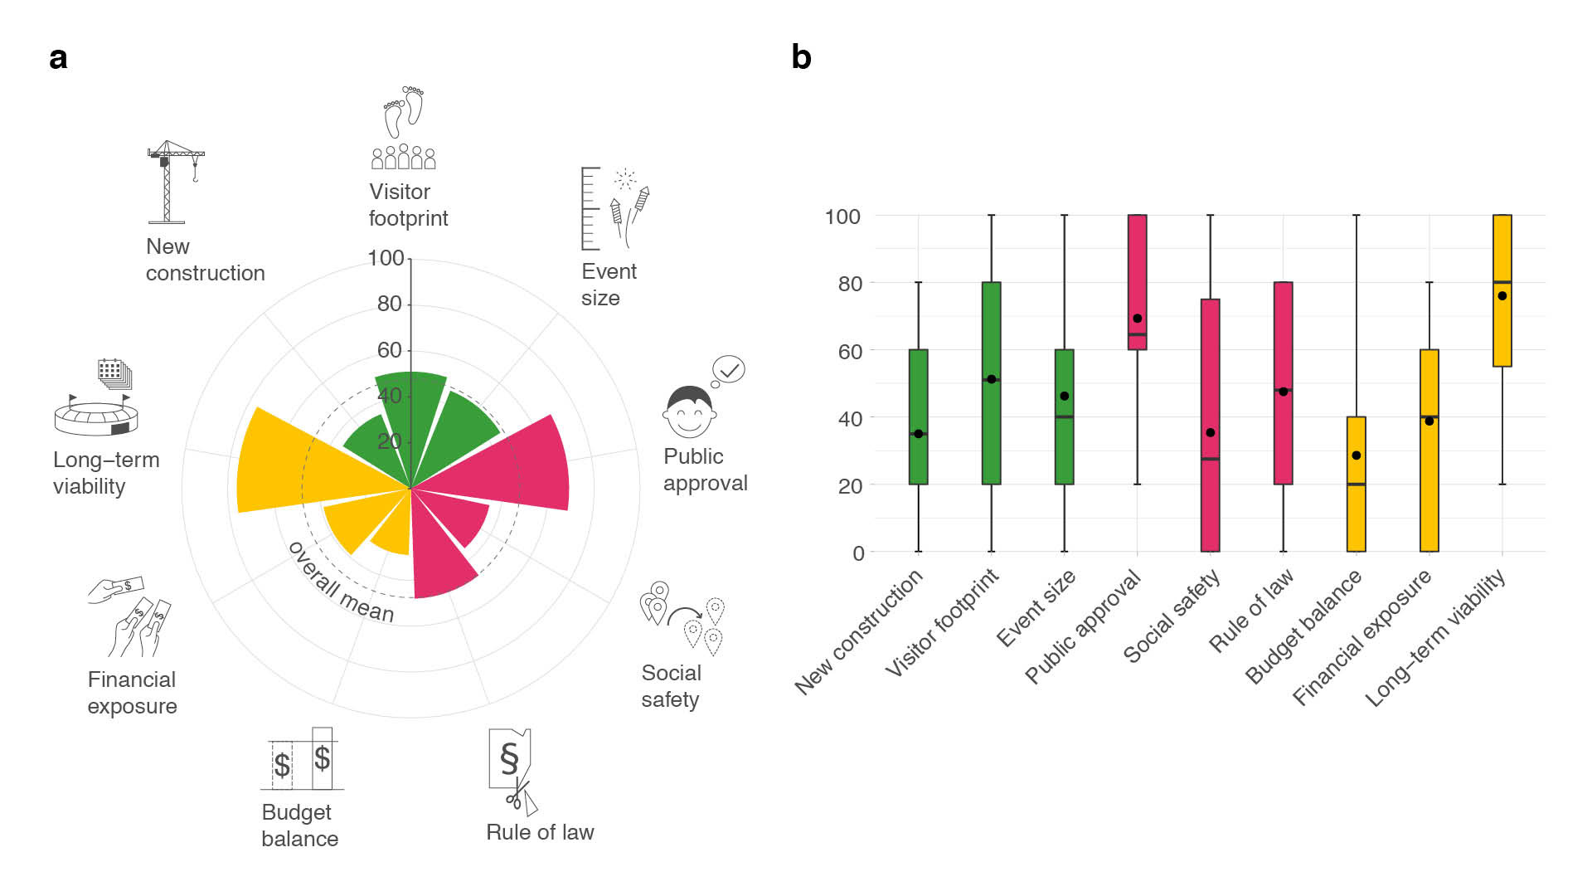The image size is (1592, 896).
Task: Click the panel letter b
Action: pyautogui.click(x=801, y=57)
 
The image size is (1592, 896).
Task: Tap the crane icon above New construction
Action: pyautogui.click(x=175, y=182)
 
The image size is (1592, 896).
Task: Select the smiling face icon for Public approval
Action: pyautogui.click(x=690, y=411)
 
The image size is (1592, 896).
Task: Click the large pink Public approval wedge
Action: pyautogui.click(x=522, y=465)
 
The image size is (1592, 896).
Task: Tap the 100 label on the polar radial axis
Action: pyautogui.click(x=386, y=258)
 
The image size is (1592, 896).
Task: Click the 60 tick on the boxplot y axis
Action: pyautogui.click(x=849, y=351)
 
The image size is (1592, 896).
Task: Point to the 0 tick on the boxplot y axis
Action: pyautogui.click(x=857, y=553)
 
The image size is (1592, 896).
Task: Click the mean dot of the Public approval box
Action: pyautogui.click(x=1138, y=319)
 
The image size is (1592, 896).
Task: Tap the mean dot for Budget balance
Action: pyautogui.click(x=1357, y=455)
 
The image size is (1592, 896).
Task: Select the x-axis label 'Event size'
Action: pyautogui.click(x=1036, y=608)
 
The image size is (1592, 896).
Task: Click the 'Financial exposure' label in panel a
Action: pyautogui.click(x=133, y=693)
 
